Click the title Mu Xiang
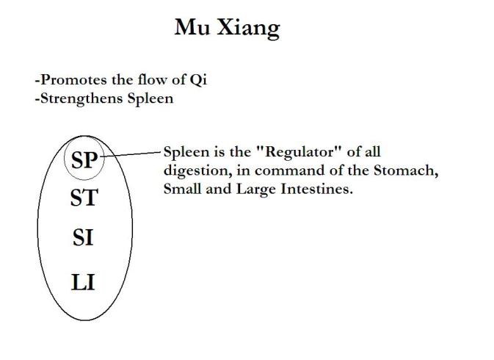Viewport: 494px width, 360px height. (227, 28)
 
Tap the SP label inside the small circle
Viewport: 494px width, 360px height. (84, 159)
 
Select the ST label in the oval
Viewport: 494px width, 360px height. (84, 198)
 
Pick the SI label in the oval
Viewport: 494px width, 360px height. (83, 239)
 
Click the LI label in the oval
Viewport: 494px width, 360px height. (83, 282)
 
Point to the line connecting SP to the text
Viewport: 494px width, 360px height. (132, 154)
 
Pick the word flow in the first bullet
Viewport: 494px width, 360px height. (166, 80)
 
